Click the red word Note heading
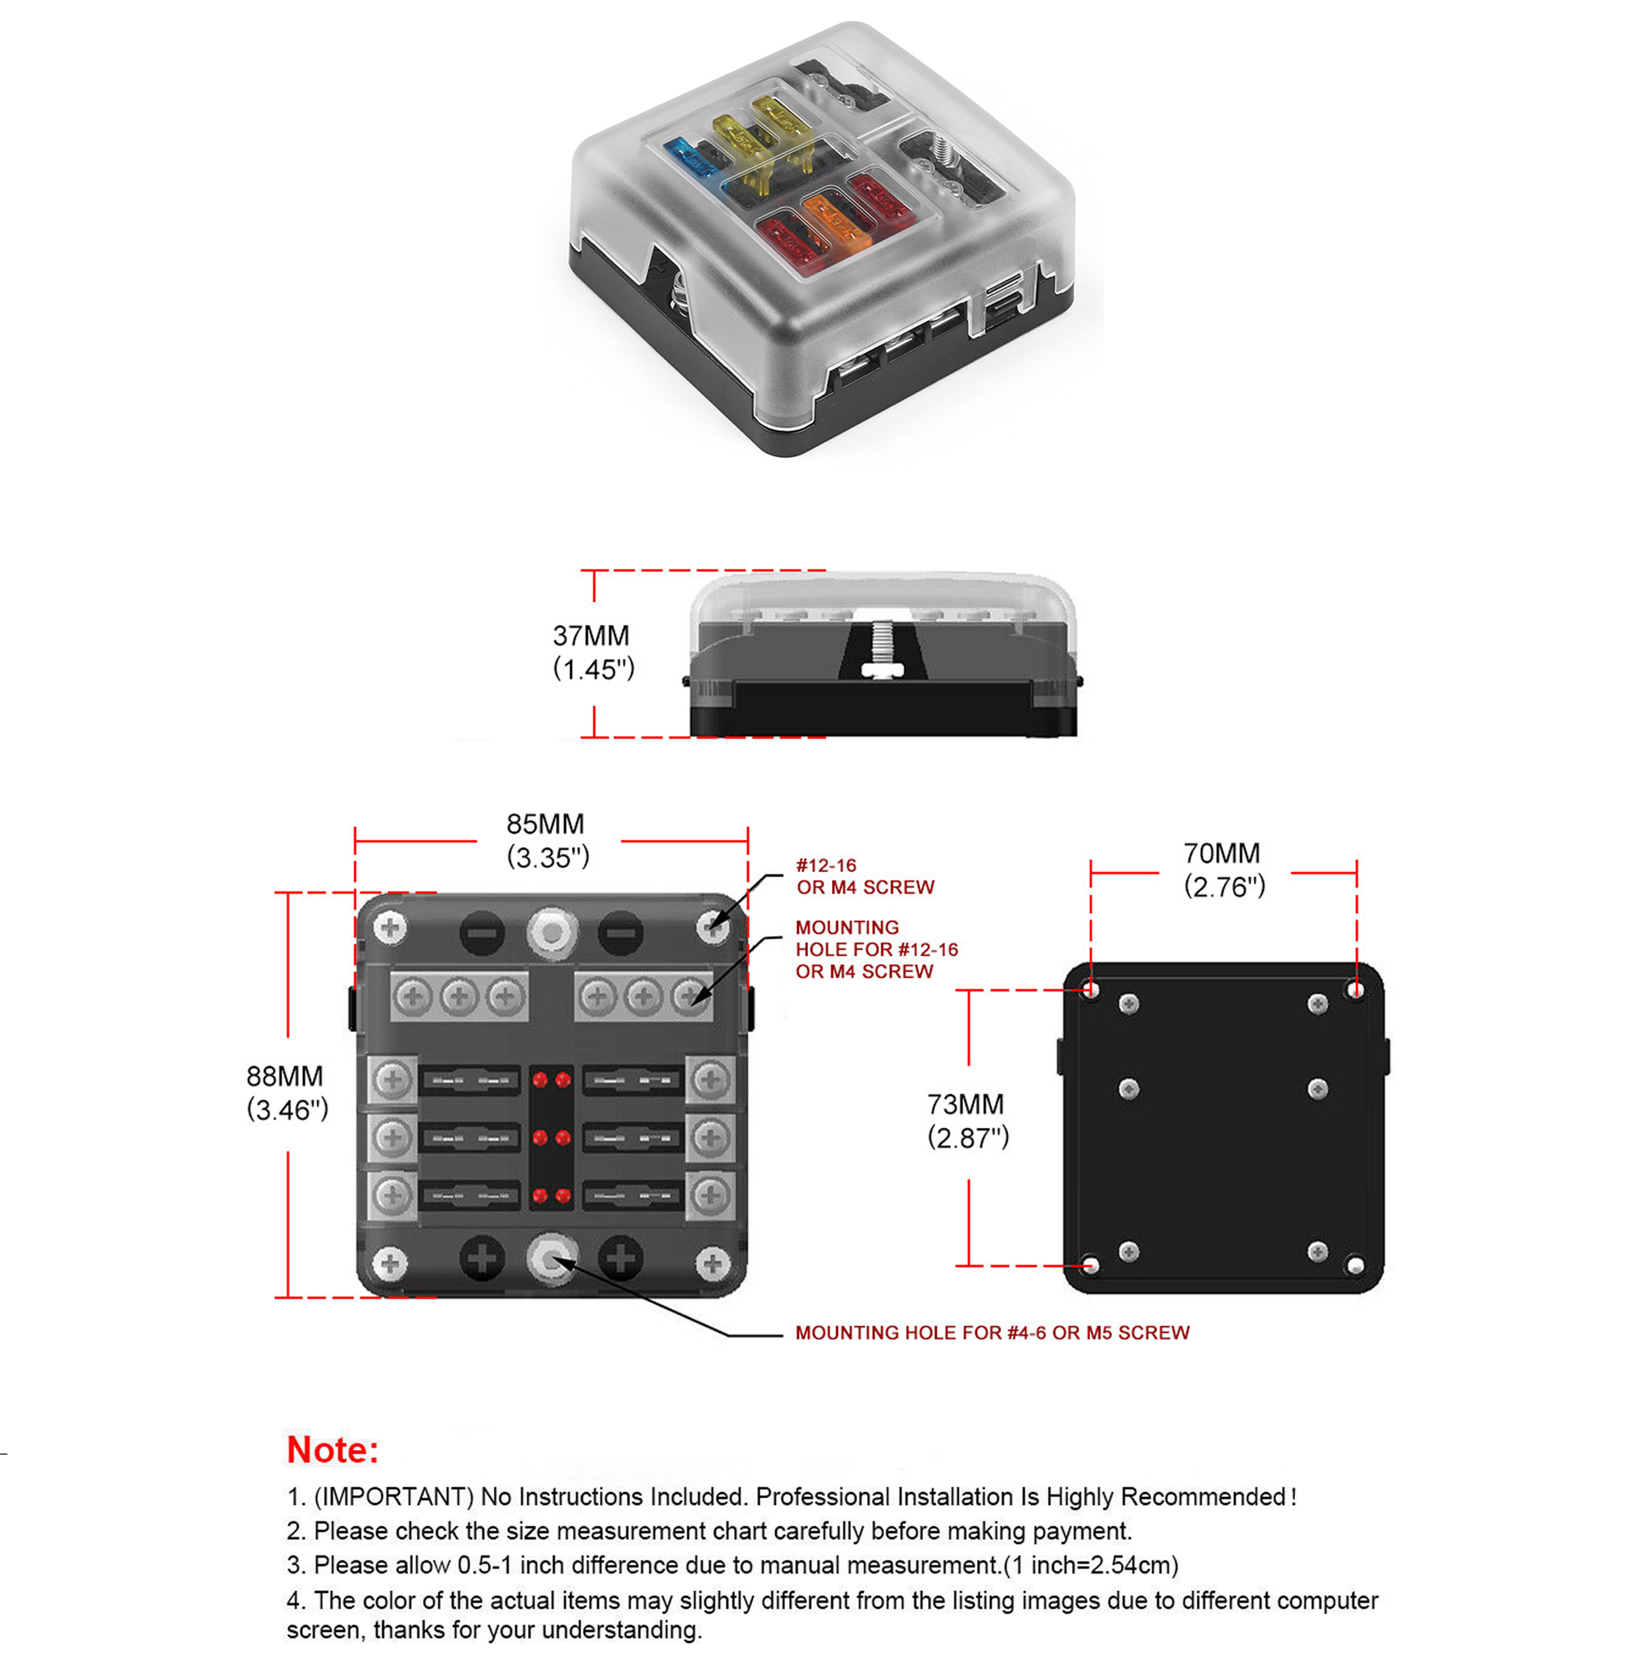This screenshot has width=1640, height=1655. coord(331,1450)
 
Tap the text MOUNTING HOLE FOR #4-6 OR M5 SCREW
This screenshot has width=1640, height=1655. coord(992,1333)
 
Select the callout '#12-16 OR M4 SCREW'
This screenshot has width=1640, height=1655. coord(864,876)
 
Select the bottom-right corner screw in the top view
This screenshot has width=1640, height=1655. coord(712,1263)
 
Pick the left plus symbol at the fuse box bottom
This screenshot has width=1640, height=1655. coord(482,1259)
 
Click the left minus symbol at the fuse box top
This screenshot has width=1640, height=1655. coord(482,933)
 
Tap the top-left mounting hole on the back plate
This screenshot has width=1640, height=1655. coord(1090,990)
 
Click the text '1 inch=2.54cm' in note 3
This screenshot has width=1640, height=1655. coord(1092,1566)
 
